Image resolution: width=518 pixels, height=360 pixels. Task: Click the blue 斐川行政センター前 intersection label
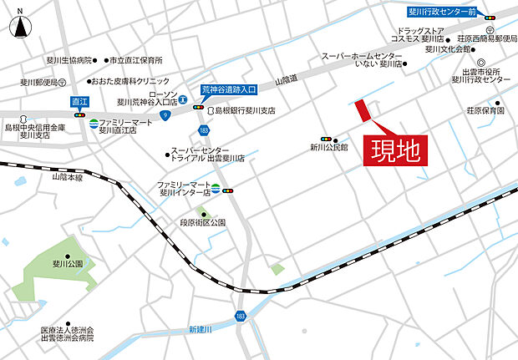click(442, 13)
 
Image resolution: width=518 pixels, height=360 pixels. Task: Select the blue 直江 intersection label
click(80, 99)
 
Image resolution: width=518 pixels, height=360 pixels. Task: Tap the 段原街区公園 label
click(203, 223)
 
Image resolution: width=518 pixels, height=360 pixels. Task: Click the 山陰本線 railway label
click(68, 177)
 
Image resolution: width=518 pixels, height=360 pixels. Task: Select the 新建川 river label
click(201, 327)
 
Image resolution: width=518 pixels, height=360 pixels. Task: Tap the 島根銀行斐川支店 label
click(245, 109)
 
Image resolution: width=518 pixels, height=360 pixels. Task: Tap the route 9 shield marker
click(166, 113)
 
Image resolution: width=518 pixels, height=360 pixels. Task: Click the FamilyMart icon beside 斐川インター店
click(216, 189)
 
